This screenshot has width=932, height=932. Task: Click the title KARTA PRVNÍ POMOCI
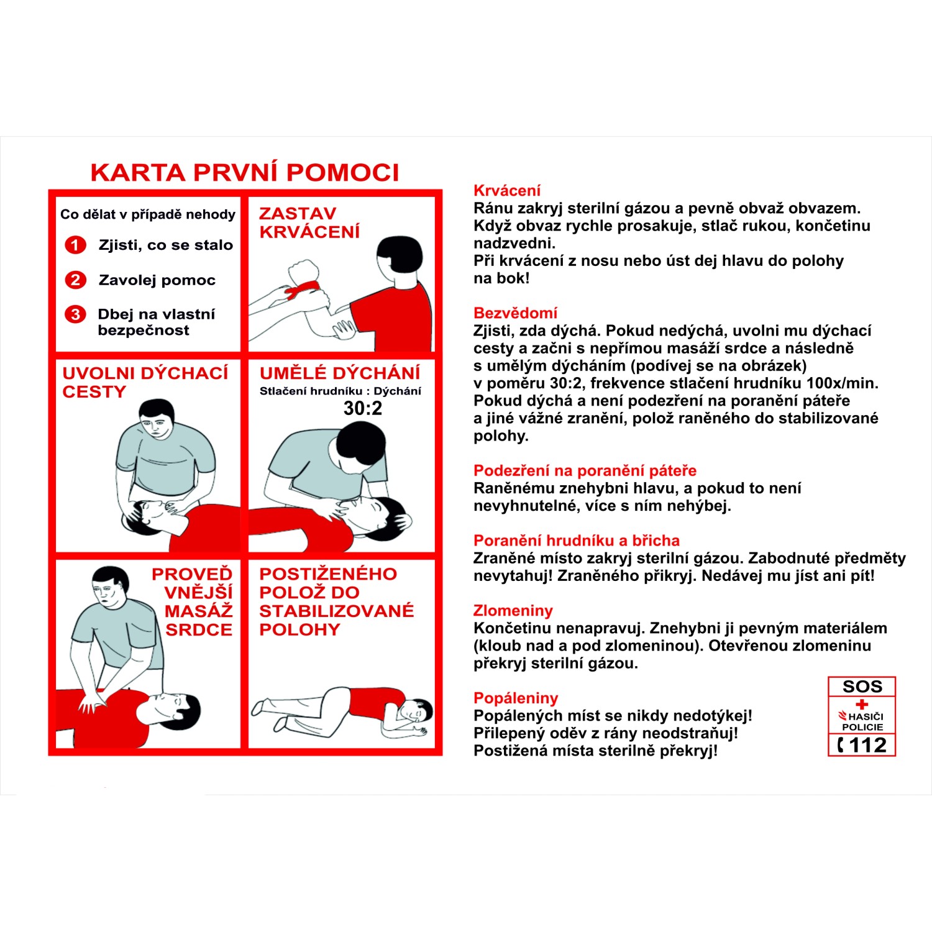pyautogui.click(x=245, y=173)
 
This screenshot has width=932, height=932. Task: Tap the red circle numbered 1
pyautogui.click(x=76, y=245)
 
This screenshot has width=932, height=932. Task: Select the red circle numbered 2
pyautogui.click(x=76, y=280)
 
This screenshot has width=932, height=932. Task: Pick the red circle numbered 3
pyautogui.click(x=76, y=314)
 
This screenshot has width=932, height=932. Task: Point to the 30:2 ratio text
pyautogui.click(x=363, y=408)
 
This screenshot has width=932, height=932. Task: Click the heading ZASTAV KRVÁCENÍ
pyautogui.click(x=309, y=222)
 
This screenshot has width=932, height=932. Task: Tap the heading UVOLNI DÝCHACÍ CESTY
pyautogui.click(x=145, y=382)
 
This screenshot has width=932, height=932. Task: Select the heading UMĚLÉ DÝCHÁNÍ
pyautogui.click(x=340, y=373)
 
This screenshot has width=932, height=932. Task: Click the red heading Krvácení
pyautogui.click(x=507, y=191)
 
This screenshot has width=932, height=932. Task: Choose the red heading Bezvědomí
pyautogui.click(x=515, y=313)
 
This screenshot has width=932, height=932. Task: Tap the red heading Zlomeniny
pyautogui.click(x=513, y=611)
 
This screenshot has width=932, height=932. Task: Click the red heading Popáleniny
pyautogui.click(x=516, y=698)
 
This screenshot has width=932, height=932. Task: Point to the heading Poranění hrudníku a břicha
pyautogui.click(x=577, y=541)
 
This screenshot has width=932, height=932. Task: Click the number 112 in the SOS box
pyautogui.click(x=867, y=745)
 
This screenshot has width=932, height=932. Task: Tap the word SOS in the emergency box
pyautogui.click(x=862, y=687)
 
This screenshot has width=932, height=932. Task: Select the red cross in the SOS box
pyautogui.click(x=862, y=705)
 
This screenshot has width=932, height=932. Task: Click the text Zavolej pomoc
pyautogui.click(x=157, y=280)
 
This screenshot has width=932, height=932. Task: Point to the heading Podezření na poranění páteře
pyautogui.click(x=585, y=470)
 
